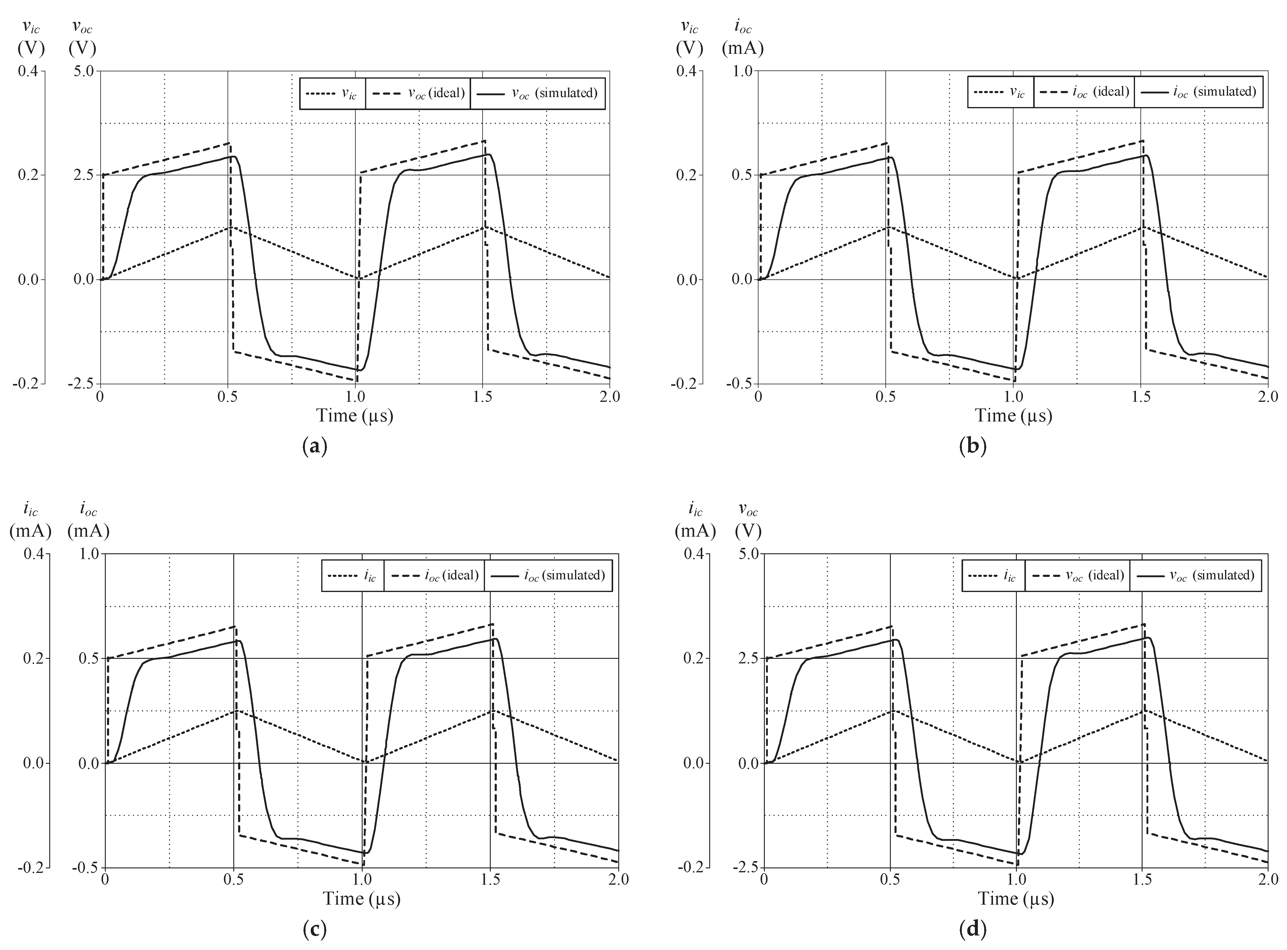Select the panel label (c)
point(314,929)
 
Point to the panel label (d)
point(973,929)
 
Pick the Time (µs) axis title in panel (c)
point(361,898)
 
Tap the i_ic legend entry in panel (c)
point(352,576)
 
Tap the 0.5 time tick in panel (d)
point(890,880)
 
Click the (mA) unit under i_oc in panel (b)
point(743,49)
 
